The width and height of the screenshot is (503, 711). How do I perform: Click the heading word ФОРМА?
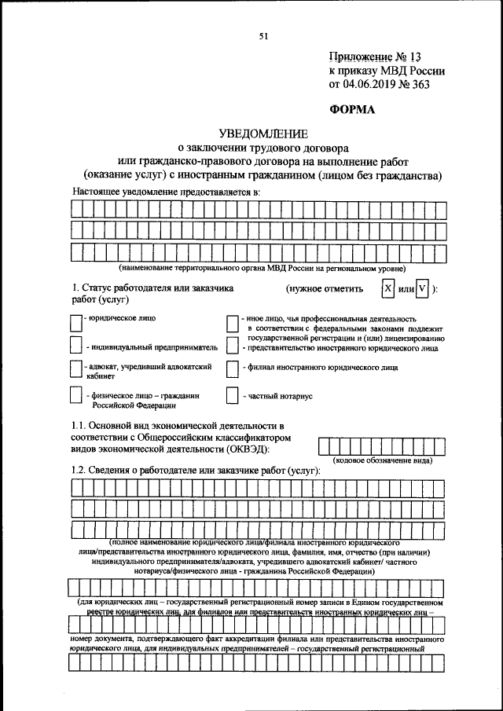click(x=353, y=110)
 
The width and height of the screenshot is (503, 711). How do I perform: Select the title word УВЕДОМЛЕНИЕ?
click(x=263, y=134)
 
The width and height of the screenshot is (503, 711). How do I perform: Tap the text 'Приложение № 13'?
click(x=375, y=57)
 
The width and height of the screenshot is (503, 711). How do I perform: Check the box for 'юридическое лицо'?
click(x=75, y=323)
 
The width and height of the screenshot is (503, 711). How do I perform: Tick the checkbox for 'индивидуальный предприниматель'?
click(x=75, y=345)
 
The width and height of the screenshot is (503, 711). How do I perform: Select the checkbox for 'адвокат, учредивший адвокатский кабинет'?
click(x=75, y=369)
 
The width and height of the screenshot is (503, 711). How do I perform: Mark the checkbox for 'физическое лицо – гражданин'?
click(x=75, y=396)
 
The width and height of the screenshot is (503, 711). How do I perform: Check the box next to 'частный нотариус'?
click(x=232, y=396)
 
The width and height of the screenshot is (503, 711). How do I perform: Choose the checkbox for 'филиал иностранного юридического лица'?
click(x=232, y=367)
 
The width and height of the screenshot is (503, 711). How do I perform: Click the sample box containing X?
click(x=387, y=288)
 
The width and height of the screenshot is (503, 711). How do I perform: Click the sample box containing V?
click(x=423, y=288)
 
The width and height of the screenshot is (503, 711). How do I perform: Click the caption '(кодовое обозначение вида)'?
click(x=383, y=460)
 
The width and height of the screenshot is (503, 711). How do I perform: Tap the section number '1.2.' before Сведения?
click(x=81, y=470)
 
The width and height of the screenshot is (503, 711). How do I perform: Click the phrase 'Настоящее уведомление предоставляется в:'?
click(x=166, y=192)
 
